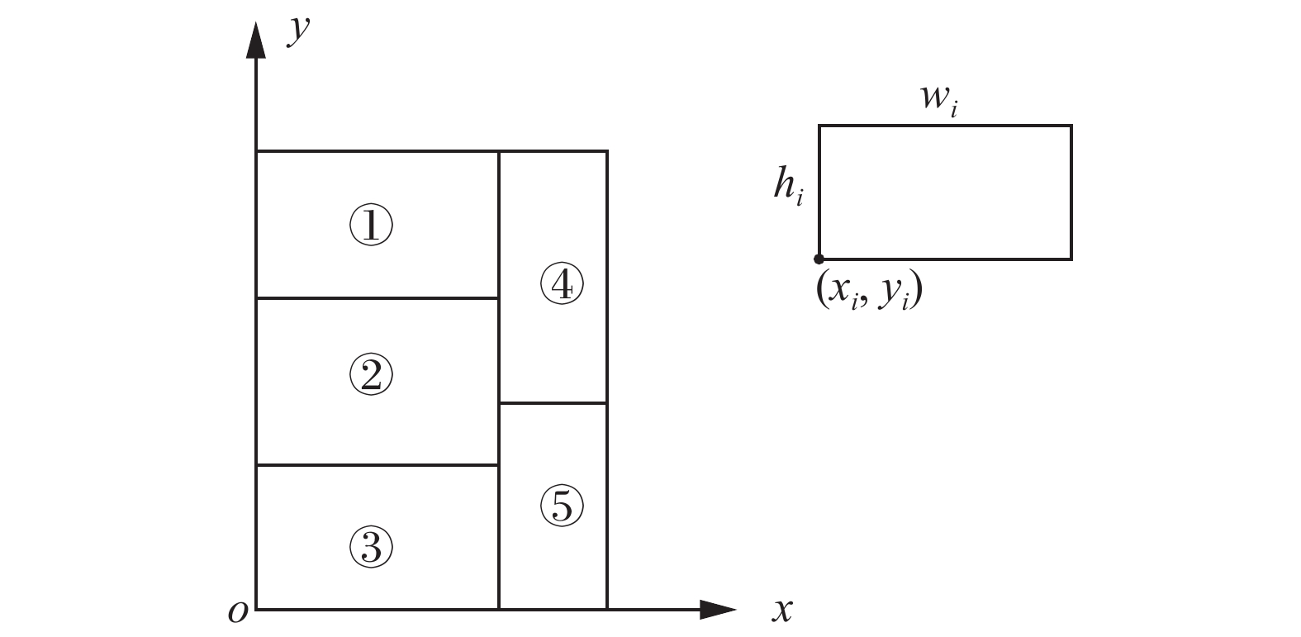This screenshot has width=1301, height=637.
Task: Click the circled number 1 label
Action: (371, 226)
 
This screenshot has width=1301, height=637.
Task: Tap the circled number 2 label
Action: (371, 376)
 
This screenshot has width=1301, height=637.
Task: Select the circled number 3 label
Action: (371, 546)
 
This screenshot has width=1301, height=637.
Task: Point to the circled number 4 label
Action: (562, 285)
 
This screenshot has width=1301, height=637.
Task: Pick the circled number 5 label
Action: (562, 506)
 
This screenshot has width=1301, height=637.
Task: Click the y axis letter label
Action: (298, 31)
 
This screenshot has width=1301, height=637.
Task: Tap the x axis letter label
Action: (781, 610)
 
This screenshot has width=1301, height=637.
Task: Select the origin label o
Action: (238, 612)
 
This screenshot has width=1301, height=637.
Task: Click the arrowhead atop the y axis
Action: (256, 41)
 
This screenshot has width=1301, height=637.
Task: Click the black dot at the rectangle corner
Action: (819, 259)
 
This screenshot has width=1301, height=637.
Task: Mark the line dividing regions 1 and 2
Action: (377, 297)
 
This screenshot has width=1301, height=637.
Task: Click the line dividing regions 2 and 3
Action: (377, 465)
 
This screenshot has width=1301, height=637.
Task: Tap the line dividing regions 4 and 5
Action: (553, 403)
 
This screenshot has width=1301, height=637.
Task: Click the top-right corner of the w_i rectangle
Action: (1071, 126)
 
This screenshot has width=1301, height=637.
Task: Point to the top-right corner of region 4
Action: (607, 151)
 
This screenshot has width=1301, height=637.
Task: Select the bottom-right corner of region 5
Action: (607, 610)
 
